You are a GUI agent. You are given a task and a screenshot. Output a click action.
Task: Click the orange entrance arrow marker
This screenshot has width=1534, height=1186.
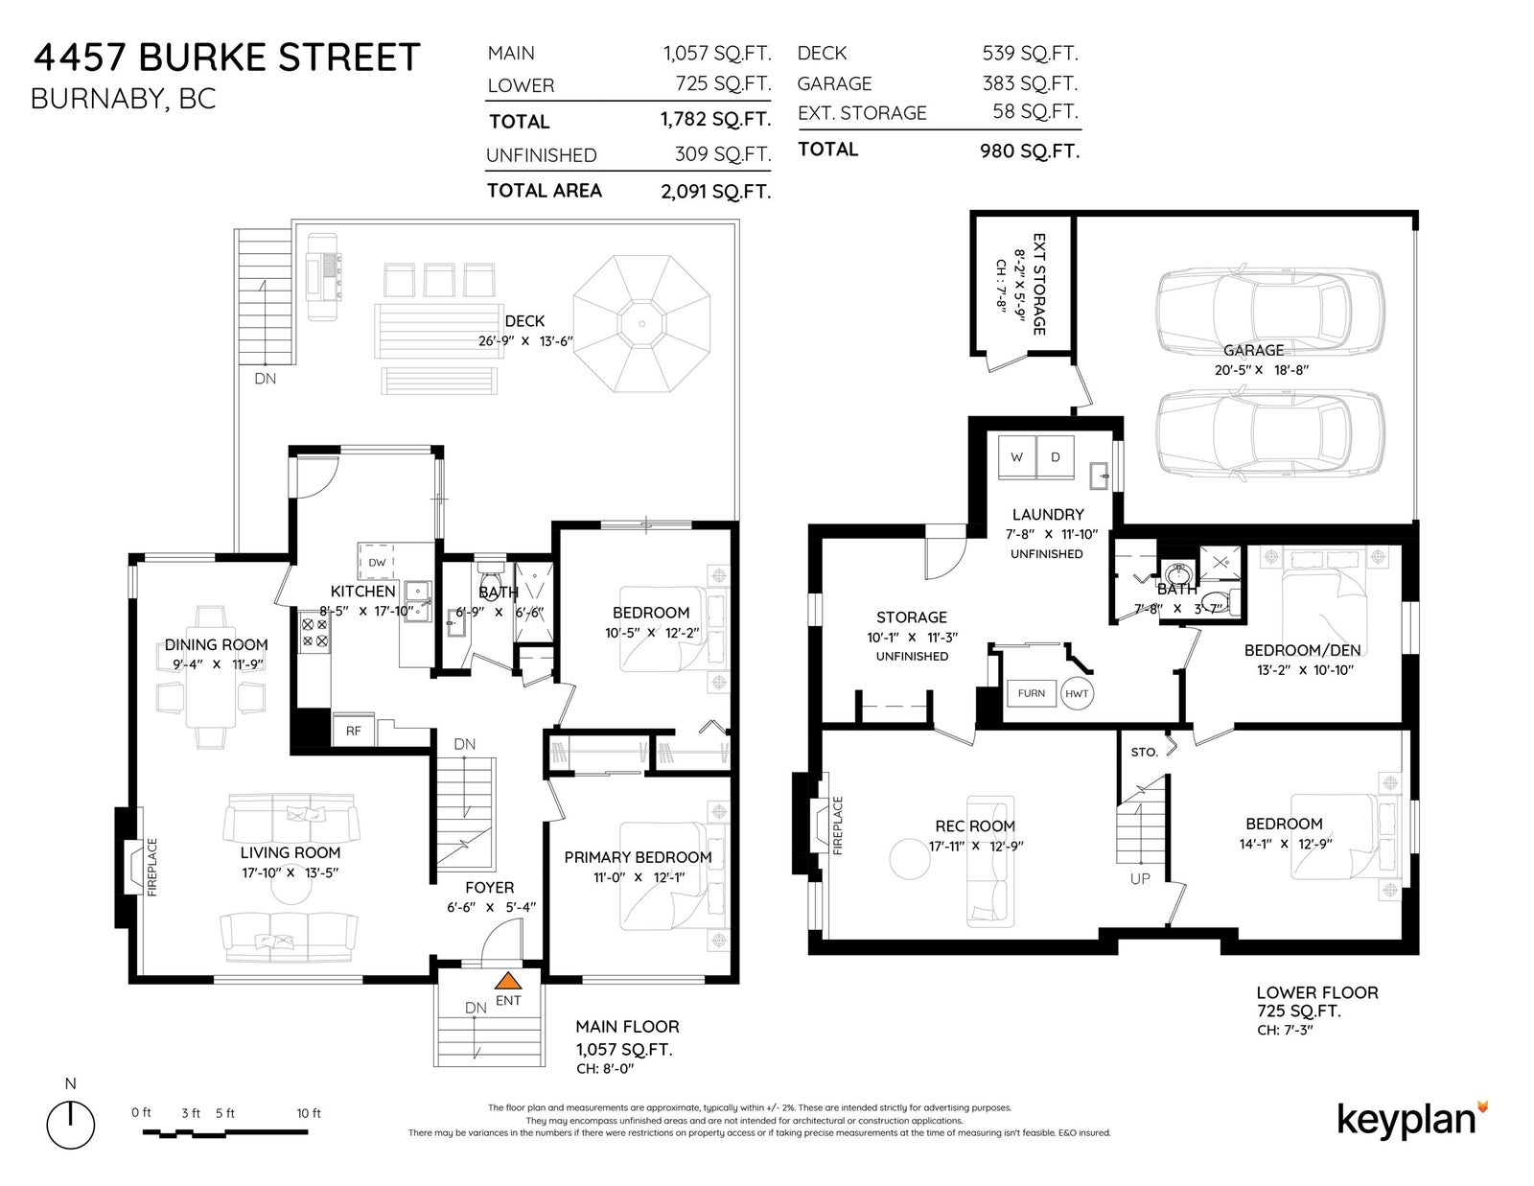point(507,981)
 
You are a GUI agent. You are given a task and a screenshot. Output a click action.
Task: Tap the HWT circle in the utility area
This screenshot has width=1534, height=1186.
point(1077,693)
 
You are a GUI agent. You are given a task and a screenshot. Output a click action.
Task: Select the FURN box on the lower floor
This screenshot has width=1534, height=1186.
point(1032,693)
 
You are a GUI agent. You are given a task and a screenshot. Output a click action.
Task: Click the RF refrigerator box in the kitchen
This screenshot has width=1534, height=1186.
point(354,731)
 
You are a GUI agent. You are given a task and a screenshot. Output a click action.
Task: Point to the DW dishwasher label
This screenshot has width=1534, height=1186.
point(377,563)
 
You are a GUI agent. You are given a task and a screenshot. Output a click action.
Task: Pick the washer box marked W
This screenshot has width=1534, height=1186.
point(1016,456)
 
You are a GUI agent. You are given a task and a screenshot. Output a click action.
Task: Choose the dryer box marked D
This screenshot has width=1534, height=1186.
point(1056,456)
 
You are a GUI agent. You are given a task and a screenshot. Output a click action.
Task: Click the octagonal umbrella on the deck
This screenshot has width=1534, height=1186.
point(641,323)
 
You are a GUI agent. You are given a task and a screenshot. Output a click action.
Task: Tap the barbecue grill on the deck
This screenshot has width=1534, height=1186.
point(323,277)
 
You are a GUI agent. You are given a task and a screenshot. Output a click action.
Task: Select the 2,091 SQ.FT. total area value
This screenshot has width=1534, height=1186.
point(715,192)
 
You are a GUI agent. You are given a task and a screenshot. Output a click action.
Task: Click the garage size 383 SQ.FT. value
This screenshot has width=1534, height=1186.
point(1030,83)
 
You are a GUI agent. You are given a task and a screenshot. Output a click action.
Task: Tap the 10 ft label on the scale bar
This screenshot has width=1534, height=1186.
point(309,1113)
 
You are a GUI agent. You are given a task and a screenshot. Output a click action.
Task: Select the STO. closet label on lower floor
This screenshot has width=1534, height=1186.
point(1145,753)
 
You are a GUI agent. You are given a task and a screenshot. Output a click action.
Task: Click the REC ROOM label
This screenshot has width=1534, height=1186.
point(975,826)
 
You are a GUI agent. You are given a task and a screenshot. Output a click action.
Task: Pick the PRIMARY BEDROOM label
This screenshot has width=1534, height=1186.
point(638,857)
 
